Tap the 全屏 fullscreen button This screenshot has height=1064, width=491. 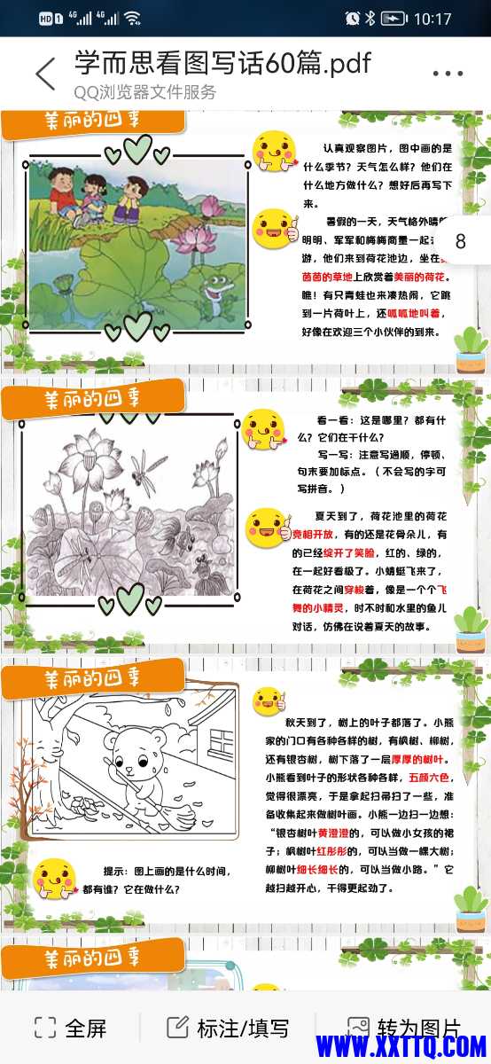pos(70,1029)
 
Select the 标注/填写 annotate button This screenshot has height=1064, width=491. pos(228,1029)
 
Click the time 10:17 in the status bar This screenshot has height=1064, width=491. pos(433,18)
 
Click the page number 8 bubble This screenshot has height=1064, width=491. pos(460,241)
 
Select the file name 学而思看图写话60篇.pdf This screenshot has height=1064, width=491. pos(222,63)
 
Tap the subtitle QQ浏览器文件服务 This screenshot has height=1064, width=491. pos(144,92)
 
